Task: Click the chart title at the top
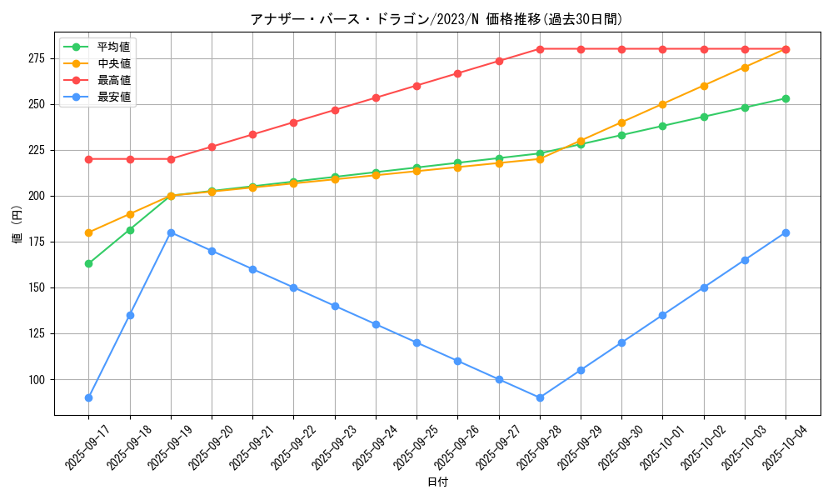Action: (x=436, y=19)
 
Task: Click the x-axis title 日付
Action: (x=437, y=482)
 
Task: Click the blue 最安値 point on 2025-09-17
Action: (x=88, y=397)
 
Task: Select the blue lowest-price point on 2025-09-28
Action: (x=540, y=397)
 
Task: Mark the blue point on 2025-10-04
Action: (x=786, y=232)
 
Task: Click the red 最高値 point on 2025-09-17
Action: (x=88, y=159)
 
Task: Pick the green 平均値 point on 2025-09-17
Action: (x=88, y=263)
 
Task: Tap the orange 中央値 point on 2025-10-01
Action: (x=662, y=104)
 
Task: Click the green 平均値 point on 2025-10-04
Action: (x=786, y=98)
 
